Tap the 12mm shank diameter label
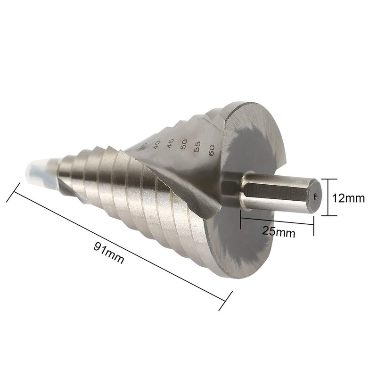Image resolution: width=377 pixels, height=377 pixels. tap(348, 198)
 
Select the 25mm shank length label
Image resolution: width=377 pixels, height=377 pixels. tap(279, 231)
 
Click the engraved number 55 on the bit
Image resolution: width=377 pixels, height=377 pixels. tap(197, 147)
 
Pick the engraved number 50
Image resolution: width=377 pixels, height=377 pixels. tap(184, 144)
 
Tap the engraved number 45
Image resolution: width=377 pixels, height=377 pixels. tap(170, 143)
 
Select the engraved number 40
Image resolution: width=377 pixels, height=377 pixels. tap(156, 143)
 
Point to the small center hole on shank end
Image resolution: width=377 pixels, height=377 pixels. tap(315, 193)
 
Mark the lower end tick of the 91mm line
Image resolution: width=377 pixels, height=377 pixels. tap(226, 301)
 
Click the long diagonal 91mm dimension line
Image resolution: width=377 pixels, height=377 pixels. tap(118, 245)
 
